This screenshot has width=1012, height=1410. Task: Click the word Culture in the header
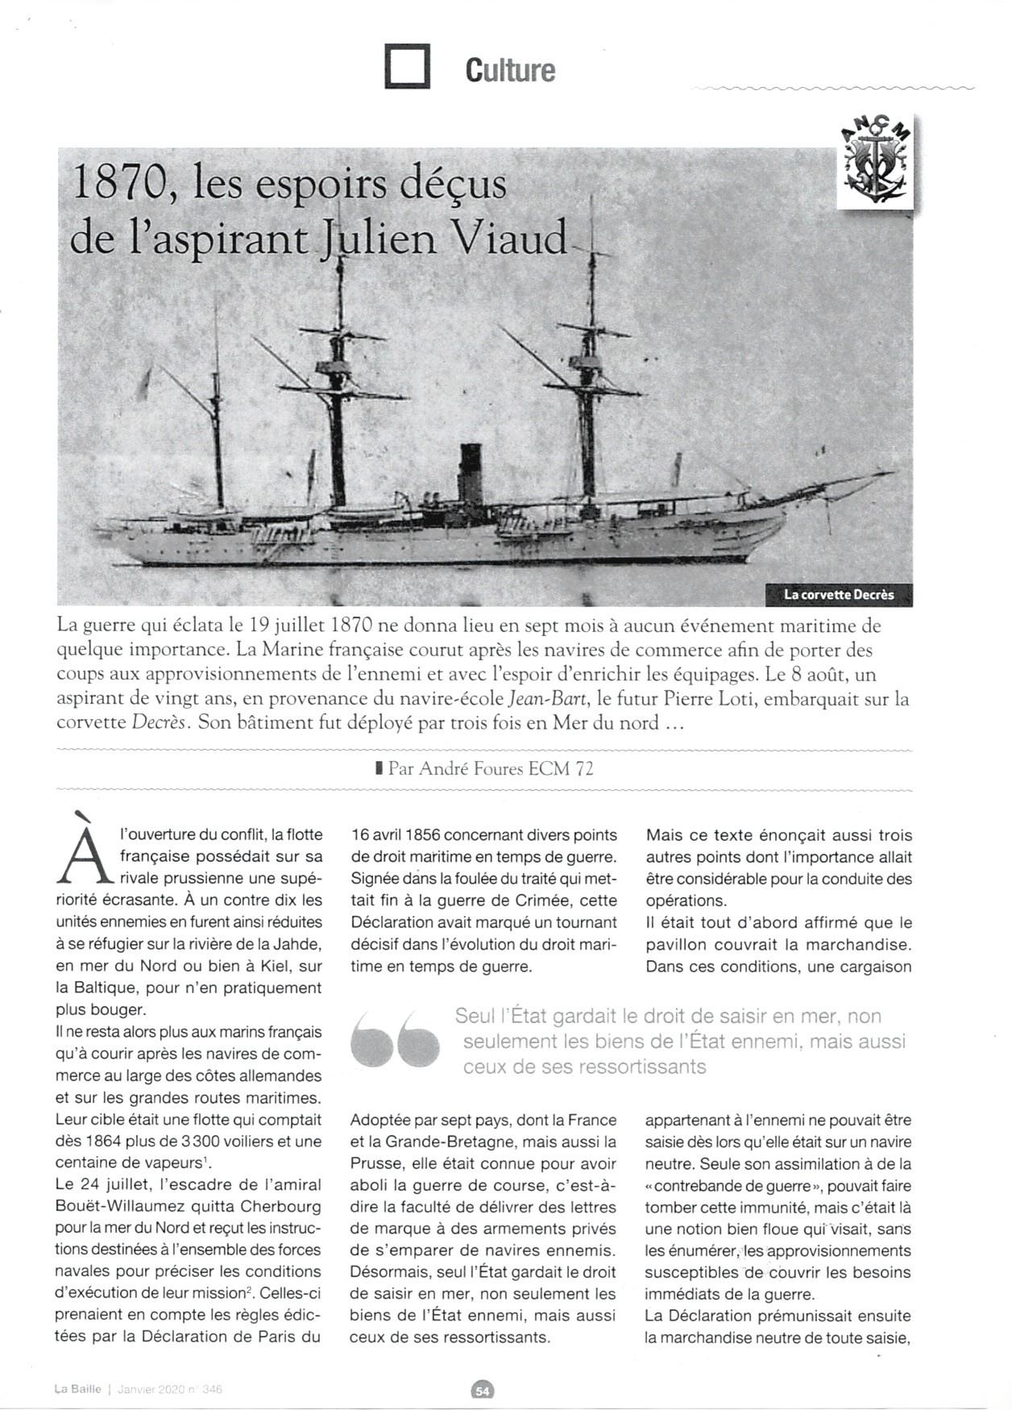pyautogui.click(x=510, y=70)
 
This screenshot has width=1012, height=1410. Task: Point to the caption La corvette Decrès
pyautogui.click(x=839, y=595)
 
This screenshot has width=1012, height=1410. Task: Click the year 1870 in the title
pyautogui.click(x=120, y=184)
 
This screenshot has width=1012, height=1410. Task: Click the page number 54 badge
pyautogui.click(x=483, y=1390)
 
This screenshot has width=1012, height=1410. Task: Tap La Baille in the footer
pyautogui.click(x=78, y=1389)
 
